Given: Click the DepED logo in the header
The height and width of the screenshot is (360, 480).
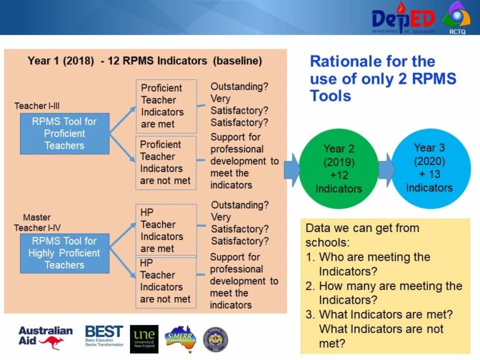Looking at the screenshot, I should (404, 19).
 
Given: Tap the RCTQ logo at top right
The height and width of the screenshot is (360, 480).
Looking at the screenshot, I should (456, 17).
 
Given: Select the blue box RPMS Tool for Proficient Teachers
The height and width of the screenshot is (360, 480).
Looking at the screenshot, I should (64, 133).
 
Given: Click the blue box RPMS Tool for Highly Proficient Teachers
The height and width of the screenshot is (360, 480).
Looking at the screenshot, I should (64, 252).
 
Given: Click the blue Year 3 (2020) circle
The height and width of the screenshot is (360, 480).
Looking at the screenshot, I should (429, 167).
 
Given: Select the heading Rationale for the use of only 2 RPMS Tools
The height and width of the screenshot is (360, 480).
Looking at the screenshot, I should (382, 78).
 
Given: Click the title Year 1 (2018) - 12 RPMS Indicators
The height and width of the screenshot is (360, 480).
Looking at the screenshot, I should (144, 61).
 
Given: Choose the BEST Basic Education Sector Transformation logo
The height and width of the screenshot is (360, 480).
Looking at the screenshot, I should (104, 337).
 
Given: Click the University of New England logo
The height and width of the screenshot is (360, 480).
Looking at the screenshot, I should (144, 338).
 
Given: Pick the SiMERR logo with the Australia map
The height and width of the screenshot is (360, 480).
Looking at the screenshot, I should (181, 338).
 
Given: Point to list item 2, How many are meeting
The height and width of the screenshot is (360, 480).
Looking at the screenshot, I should (384, 292).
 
